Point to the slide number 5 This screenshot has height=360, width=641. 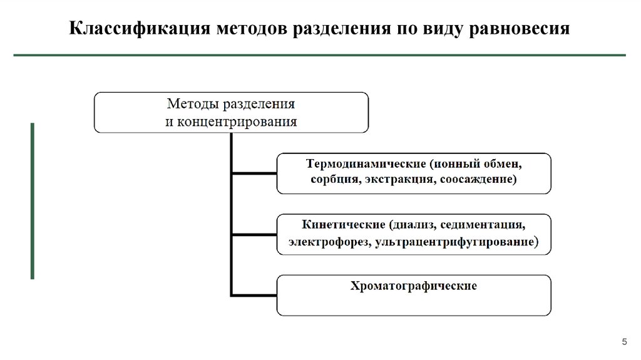pos(623,341)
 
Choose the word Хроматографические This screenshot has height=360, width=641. pos(414,285)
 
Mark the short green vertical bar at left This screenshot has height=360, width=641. pos(33,200)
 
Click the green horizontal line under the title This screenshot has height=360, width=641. pos(320,56)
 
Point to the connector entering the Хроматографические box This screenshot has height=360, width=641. pos(254,294)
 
